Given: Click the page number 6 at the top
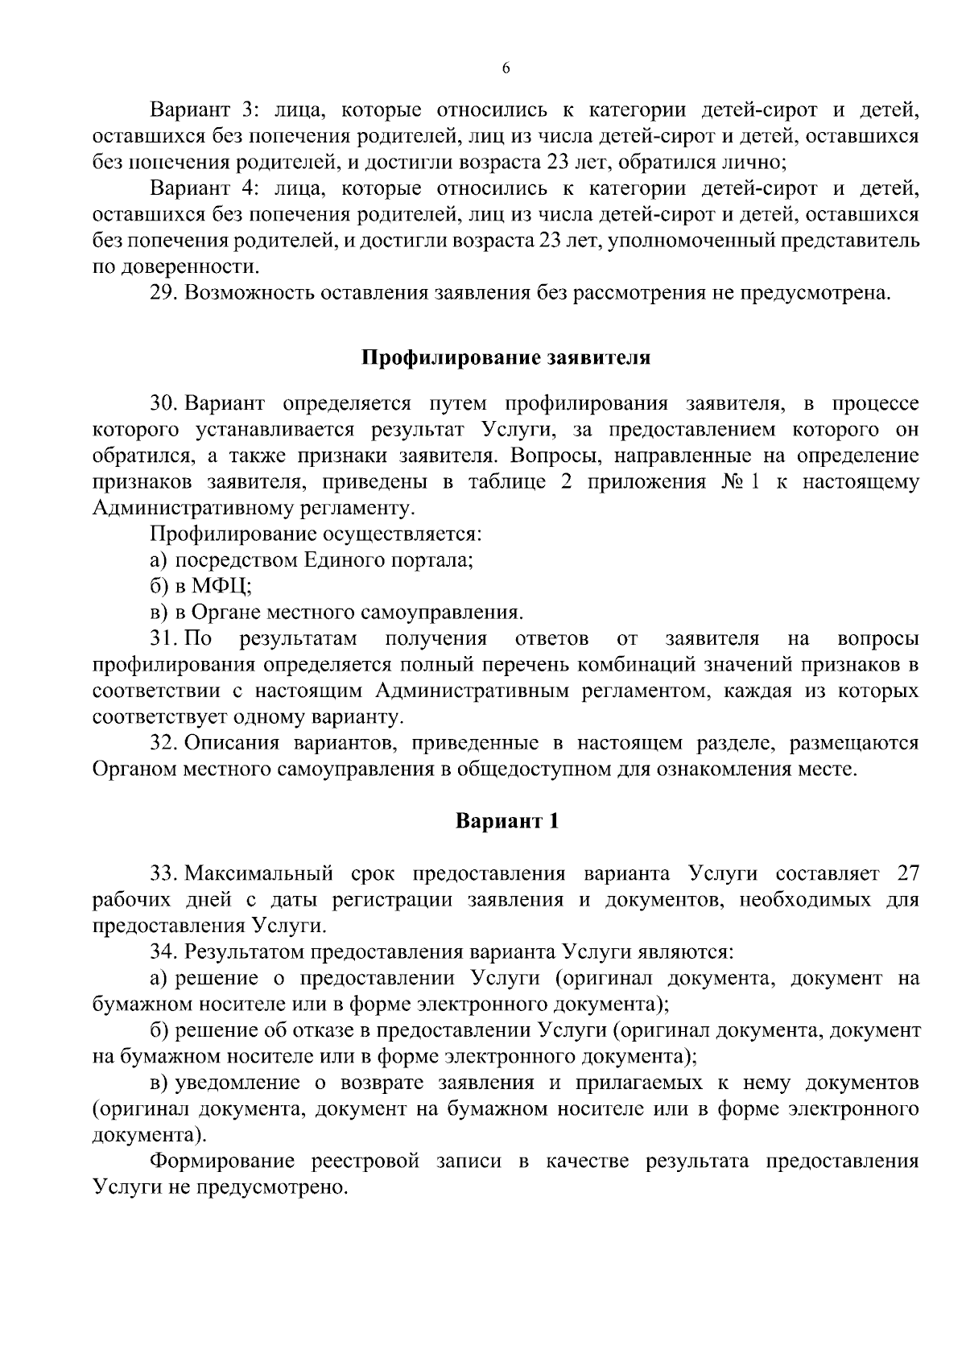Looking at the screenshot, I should [x=506, y=69].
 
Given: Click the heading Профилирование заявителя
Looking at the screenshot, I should [x=506, y=357].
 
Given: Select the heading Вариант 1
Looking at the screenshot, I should [x=506, y=821].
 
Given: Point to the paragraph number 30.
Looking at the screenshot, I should [x=163, y=402].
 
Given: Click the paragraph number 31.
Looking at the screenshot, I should [x=163, y=638].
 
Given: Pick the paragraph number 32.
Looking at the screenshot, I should [x=163, y=742].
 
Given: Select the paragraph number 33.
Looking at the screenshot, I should [x=163, y=873].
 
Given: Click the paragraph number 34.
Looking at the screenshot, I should [x=163, y=952].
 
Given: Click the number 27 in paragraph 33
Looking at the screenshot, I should [x=906, y=873].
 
